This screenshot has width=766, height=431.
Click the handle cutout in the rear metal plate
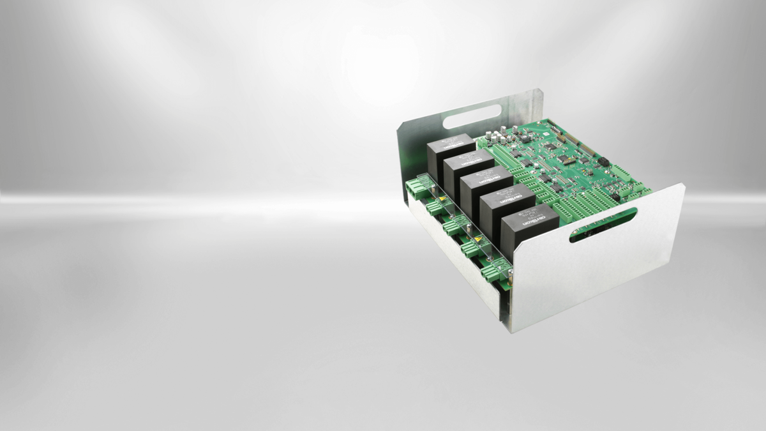[x=472, y=117]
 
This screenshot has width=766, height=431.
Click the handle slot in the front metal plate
[x=603, y=225]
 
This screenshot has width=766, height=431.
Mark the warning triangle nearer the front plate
[x=477, y=240]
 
